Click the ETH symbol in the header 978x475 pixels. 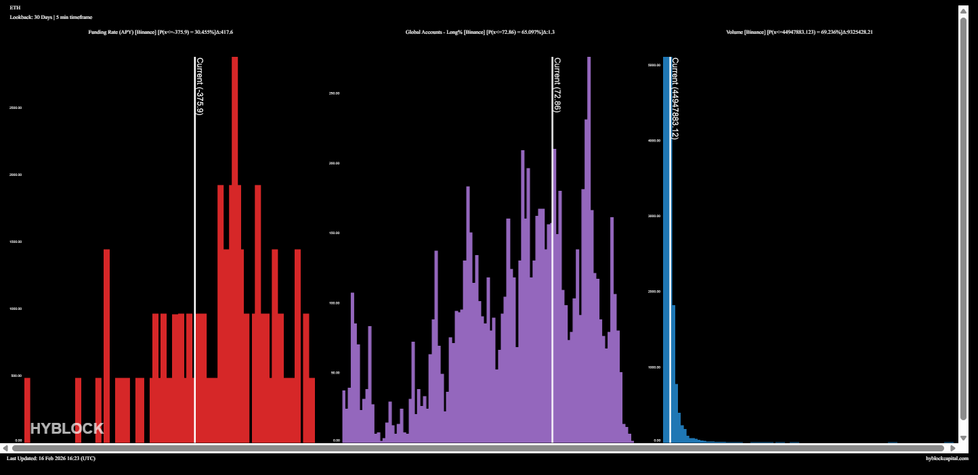pyautogui.click(x=15, y=7)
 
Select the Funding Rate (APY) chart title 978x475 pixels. pyautogui.click(x=161, y=32)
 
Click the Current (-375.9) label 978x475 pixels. pyautogui.click(x=200, y=86)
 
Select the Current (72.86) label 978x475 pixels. pyautogui.click(x=557, y=85)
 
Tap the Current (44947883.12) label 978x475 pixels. pyautogui.click(x=675, y=98)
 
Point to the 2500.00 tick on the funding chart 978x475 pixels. pyautogui.click(x=15, y=108)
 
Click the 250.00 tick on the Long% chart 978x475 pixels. pyautogui.click(x=333, y=93)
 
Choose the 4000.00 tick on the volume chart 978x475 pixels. pyautogui.click(x=654, y=141)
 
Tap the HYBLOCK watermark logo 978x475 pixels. pyautogui.click(x=67, y=428)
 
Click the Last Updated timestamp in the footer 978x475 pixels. pyautogui.click(x=51, y=458)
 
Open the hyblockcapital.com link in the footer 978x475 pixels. pyautogui.click(x=947, y=458)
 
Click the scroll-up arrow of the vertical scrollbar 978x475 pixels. pyautogui.click(x=964, y=11)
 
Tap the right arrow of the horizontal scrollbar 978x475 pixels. pyautogui.click(x=952, y=448)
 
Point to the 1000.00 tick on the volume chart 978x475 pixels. pyautogui.click(x=654, y=367)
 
